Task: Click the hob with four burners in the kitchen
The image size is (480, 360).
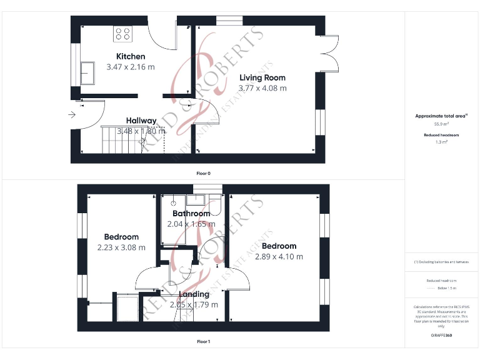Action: click(122, 33)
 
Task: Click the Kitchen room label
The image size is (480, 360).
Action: click(130, 57)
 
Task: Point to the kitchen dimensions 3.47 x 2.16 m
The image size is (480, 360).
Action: click(130, 67)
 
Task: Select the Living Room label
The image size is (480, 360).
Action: click(262, 78)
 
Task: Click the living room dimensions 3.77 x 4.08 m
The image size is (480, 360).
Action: click(262, 88)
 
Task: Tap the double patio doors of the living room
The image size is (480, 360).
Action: click(331, 54)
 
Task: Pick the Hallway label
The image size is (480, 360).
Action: click(141, 121)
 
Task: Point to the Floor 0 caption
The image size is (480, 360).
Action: click(204, 172)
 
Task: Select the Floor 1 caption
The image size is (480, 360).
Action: click(204, 342)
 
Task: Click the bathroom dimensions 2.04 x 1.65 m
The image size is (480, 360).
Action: click(191, 224)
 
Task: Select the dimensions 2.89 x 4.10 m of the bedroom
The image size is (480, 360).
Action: click(279, 256)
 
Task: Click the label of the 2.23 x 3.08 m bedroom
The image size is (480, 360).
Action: click(121, 237)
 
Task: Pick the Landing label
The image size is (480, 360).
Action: click(194, 294)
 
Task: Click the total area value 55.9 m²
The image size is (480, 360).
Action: click(441, 124)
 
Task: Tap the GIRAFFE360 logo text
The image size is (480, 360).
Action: click(441, 336)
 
